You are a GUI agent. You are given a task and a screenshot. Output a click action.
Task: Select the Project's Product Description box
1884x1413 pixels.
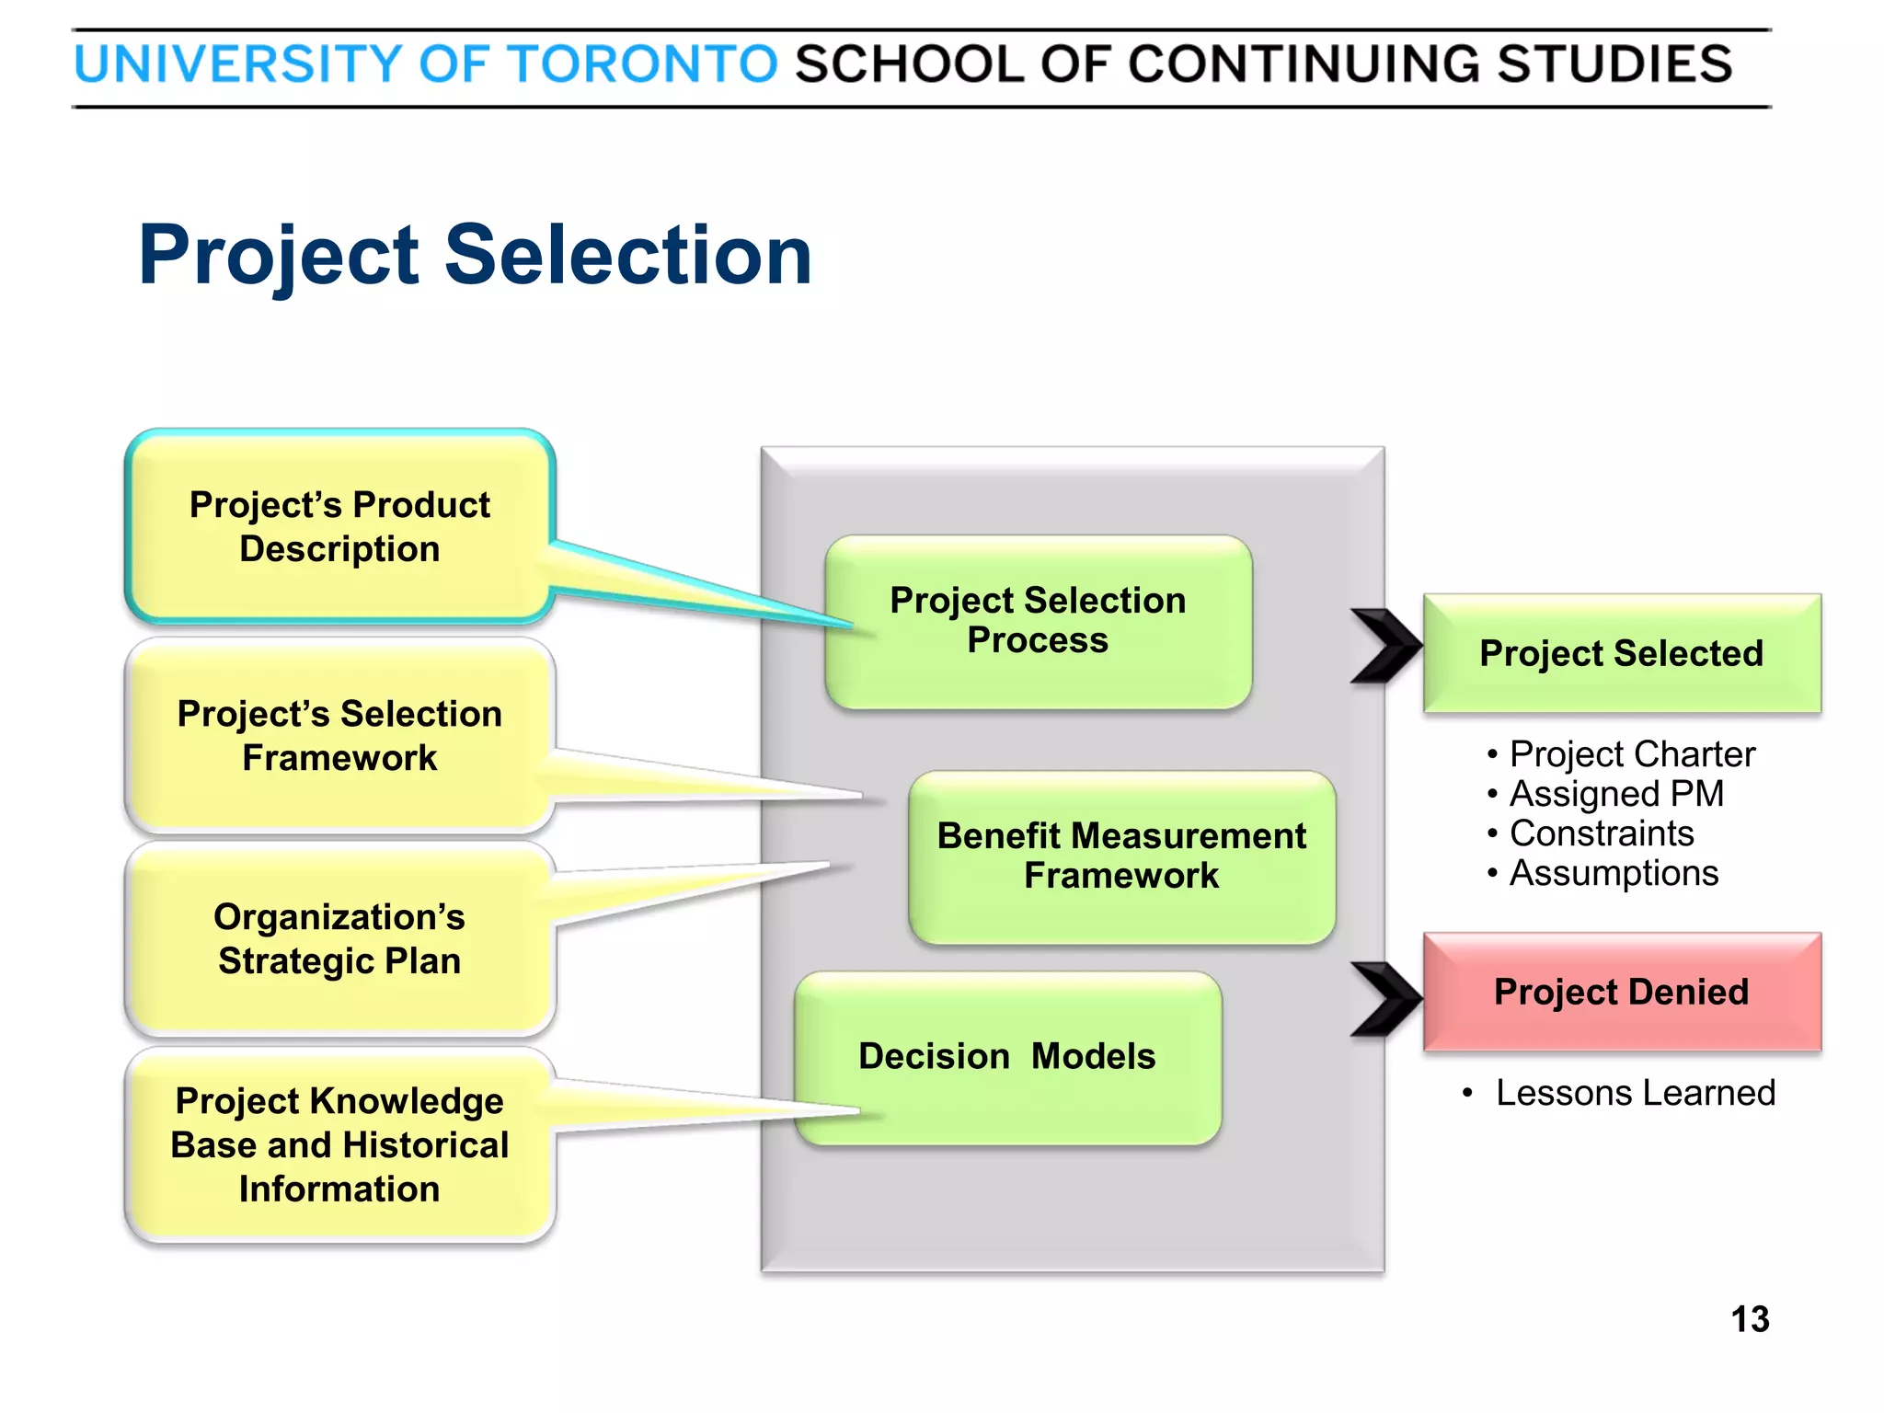(x=339, y=526)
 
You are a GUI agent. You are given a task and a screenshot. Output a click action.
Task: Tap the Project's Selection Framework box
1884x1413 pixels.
(x=339, y=735)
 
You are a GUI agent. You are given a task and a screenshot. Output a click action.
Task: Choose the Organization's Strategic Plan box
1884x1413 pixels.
(x=339, y=938)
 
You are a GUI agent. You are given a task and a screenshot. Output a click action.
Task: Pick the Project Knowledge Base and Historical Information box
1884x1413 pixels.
(x=339, y=1144)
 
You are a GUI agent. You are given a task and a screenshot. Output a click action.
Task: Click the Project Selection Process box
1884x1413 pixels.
(x=1038, y=620)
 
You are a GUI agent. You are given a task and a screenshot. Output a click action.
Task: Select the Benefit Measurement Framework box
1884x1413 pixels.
(x=1121, y=856)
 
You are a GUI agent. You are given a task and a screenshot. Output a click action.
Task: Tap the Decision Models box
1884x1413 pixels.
(x=1007, y=1056)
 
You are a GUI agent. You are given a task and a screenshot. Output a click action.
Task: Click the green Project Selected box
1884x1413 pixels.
(x=1621, y=653)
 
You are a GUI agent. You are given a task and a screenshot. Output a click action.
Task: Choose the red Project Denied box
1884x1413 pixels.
(x=1621, y=992)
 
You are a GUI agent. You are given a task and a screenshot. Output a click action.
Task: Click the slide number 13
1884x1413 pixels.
(x=1750, y=1319)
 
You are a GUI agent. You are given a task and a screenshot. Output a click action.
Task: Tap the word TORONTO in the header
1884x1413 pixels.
(x=643, y=64)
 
